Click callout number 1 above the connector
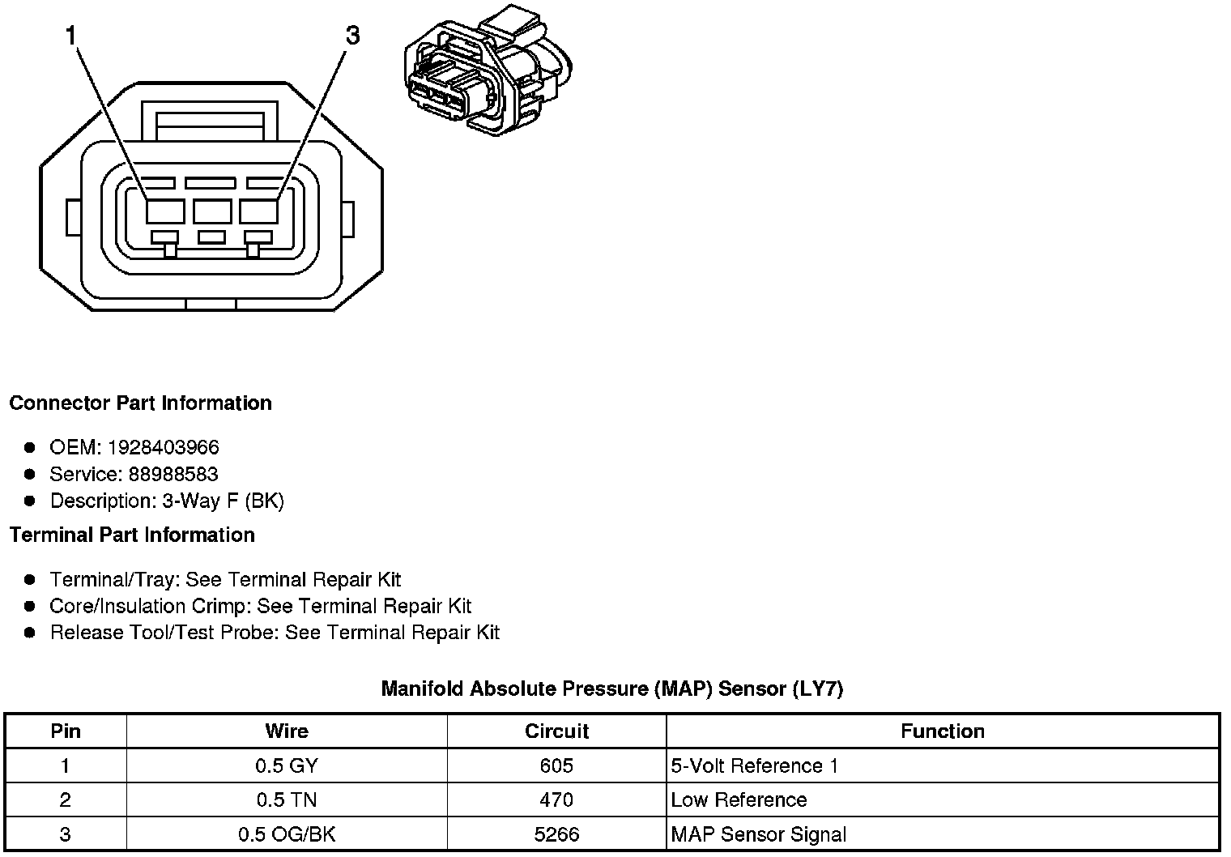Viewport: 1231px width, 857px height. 70,36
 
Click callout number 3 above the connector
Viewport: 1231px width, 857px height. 352,36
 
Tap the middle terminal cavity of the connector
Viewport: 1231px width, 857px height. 212,211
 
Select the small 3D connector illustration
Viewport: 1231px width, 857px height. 488,71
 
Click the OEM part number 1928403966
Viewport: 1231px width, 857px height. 163,447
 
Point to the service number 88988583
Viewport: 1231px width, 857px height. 173,474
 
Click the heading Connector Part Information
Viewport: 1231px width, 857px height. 140,403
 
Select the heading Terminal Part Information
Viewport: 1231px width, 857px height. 132,535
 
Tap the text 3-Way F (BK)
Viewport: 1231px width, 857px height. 223,501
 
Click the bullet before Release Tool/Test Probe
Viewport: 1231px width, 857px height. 30,633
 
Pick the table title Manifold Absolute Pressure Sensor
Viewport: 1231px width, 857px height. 611,689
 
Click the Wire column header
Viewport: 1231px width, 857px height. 287,731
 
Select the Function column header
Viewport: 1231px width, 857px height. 942,731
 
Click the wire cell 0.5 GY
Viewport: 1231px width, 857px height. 287,765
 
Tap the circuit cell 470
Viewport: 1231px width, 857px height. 556,799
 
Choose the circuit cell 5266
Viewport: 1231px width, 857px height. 556,834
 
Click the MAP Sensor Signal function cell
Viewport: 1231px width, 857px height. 758,834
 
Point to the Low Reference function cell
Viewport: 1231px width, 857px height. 739,799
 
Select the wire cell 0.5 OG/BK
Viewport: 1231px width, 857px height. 287,834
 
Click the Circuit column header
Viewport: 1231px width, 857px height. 556,731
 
